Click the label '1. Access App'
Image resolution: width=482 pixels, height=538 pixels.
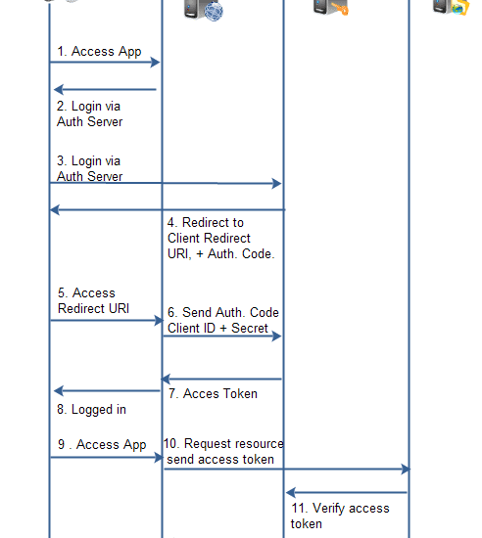[x=99, y=52]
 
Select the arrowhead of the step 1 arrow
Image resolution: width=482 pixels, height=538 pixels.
[x=156, y=63]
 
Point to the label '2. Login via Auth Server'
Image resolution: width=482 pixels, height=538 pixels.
[x=90, y=113]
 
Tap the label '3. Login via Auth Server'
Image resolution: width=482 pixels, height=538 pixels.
[x=90, y=168]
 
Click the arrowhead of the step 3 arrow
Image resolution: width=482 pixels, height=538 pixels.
[x=276, y=184]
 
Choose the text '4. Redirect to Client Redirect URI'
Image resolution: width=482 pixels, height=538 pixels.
[x=209, y=238]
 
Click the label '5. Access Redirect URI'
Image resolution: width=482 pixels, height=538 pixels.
[x=93, y=300]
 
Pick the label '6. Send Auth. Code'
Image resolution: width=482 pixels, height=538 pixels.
[x=223, y=312]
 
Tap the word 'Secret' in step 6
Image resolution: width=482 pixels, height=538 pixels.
[x=250, y=328]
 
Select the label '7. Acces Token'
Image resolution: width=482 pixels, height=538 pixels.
[x=213, y=393]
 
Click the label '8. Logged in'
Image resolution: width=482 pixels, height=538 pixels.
[x=91, y=409]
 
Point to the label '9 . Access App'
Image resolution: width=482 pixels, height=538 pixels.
[x=102, y=445]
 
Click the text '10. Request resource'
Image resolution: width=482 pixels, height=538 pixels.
[x=223, y=444]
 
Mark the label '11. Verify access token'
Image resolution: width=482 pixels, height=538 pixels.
[x=340, y=516]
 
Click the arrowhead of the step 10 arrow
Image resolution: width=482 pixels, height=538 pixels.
[x=406, y=469]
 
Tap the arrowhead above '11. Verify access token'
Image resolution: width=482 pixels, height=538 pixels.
[x=291, y=493]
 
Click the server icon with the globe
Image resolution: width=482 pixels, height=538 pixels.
[x=204, y=10]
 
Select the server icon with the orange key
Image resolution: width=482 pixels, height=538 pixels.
[x=330, y=7]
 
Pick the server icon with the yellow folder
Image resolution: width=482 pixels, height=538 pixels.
[x=451, y=7]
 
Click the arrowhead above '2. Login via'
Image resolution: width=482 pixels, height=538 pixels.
[x=59, y=90]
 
